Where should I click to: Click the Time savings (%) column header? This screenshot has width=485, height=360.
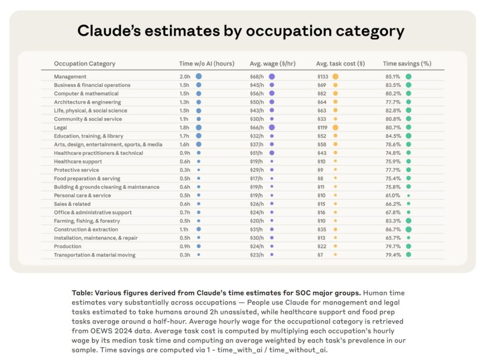(407, 63)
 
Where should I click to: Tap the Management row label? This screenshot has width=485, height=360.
(70, 77)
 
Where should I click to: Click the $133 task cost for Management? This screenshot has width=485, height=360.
(323, 77)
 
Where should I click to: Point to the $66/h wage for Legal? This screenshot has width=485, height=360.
(257, 127)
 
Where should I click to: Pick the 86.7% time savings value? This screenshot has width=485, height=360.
(393, 229)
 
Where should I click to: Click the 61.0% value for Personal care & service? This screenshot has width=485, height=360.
(393, 195)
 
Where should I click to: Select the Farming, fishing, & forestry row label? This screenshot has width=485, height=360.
(87, 221)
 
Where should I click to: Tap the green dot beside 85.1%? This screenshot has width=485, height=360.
(408, 76)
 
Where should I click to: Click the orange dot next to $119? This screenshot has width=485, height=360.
(335, 127)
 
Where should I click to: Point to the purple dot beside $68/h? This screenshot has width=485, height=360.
(272, 76)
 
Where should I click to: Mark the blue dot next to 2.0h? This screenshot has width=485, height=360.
(199, 76)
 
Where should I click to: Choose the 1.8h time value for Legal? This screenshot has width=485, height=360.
(185, 127)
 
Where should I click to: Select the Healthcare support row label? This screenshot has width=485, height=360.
(78, 162)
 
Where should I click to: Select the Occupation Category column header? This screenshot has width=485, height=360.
(84, 63)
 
